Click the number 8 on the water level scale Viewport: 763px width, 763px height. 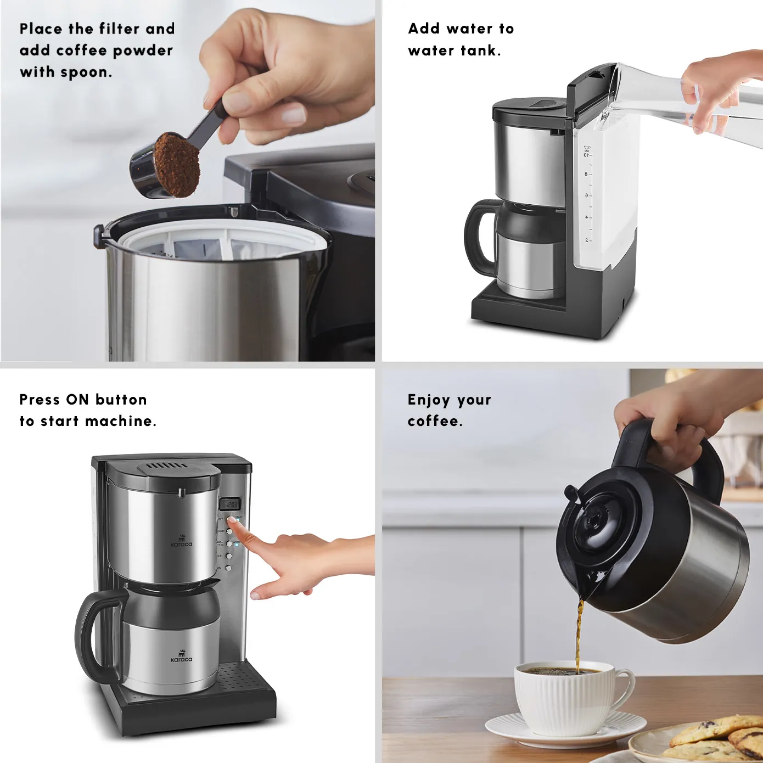click(x=586, y=175)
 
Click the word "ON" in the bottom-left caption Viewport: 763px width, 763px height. click(x=77, y=400)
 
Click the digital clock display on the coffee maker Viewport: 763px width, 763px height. click(x=229, y=503)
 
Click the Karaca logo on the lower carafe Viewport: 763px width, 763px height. click(x=182, y=657)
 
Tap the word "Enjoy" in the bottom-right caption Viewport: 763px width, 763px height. click(x=429, y=400)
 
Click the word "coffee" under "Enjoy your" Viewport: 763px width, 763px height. click(x=434, y=421)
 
